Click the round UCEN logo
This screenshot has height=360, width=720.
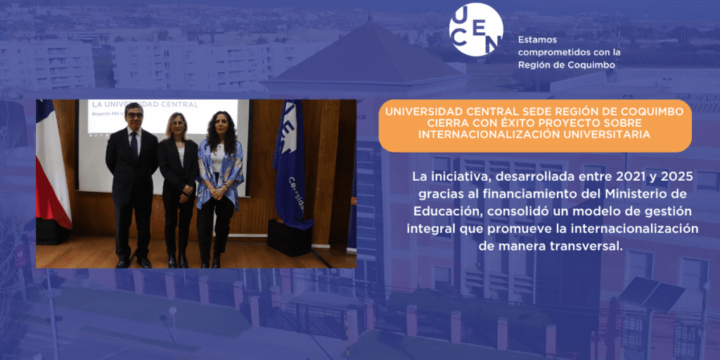pyautogui.click(x=476, y=30)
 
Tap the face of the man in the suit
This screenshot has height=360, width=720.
pyautogui.click(x=134, y=117)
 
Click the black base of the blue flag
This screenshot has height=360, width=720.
pyautogui.click(x=290, y=237)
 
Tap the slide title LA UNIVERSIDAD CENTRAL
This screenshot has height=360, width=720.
pyautogui.click(x=146, y=105)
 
